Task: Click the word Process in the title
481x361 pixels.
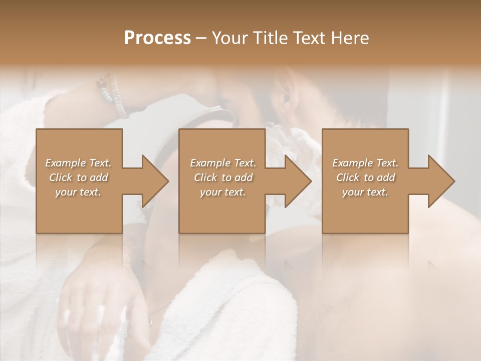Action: pos(157,38)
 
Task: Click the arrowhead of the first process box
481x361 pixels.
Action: pos(154,181)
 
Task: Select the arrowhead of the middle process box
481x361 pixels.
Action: pos(297,181)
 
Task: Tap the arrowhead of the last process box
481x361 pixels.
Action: pos(440,181)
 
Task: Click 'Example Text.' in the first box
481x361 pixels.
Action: pos(78,163)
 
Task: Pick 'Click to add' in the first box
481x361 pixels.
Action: pos(78,177)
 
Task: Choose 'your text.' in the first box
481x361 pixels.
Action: pos(78,192)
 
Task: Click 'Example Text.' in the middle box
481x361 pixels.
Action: pos(223,163)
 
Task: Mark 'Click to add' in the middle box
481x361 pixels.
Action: pos(223,177)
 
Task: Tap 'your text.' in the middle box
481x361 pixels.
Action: pos(223,192)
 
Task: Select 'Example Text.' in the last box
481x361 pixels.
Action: pos(365,163)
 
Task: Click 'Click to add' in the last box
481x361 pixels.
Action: pos(365,177)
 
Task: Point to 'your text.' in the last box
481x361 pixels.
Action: pos(365,192)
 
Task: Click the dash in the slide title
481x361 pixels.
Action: pos(201,39)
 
